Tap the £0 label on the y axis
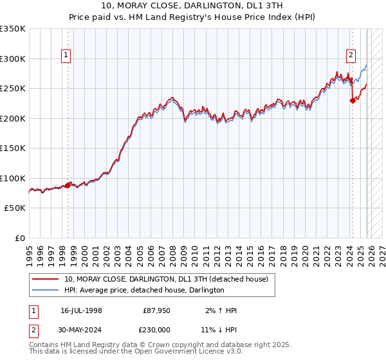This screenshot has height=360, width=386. [x=19, y=238]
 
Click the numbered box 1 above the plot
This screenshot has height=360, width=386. [x=68, y=56]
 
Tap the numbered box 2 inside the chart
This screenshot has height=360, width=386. [x=351, y=56]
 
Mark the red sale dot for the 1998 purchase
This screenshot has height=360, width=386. [x=68, y=185]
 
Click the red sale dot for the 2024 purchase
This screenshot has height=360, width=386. [x=353, y=100]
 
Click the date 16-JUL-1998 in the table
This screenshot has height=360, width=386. [x=81, y=310]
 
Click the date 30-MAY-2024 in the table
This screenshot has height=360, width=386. [x=81, y=329]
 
